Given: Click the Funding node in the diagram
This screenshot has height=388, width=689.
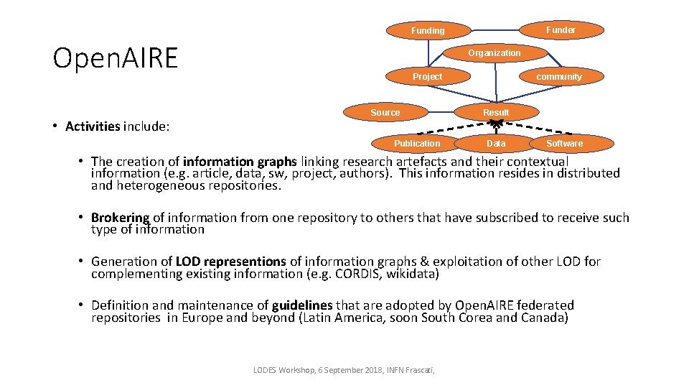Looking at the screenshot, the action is click(x=428, y=31).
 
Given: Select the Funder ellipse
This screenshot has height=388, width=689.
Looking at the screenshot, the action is click(x=561, y=30).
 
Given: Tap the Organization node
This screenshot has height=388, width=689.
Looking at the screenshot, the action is click(x=495, y=53).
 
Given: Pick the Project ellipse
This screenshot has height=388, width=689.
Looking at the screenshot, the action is click(x=427, y=77).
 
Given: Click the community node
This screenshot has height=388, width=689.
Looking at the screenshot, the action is click(x=559, y=77).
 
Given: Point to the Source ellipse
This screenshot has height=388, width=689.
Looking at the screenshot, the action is click(x=385, y=113).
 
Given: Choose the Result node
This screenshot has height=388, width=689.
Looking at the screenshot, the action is click(x=496, y=113).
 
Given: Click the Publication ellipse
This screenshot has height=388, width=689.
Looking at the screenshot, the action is click(x=417, y=144).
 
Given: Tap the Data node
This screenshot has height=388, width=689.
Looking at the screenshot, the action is click(x=496, y=144).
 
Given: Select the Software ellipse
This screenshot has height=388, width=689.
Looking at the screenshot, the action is click(x=565, y=144).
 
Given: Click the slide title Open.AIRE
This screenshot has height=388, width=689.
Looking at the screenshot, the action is click(x=115, y=58).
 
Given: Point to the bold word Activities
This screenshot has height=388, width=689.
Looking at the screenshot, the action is click(x=93, y=127).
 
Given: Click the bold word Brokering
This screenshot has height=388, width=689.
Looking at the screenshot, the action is click(x=120, y=218).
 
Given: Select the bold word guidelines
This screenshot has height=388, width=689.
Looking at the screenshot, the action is click(x=301, y=305).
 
